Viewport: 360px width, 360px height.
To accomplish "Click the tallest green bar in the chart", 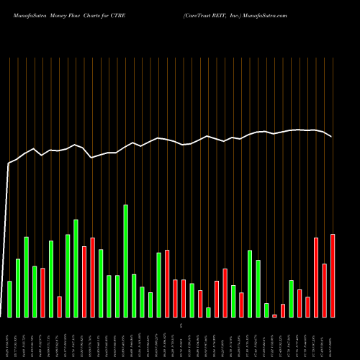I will coord(125,261).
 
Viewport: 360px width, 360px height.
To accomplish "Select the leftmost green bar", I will coord(9,299).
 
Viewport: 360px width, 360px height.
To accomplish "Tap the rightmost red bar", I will coord(333,275).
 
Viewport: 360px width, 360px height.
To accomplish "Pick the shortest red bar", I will coord(274,315).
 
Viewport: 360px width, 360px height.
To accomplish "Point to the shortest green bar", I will coord(208,312).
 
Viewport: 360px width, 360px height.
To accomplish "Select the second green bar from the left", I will coord(18,287).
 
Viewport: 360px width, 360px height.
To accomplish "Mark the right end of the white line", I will coord(332,137).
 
